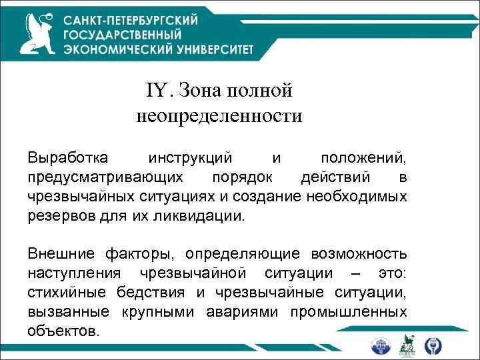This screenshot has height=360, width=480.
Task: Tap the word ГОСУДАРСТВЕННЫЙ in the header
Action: click(x=123, y=34)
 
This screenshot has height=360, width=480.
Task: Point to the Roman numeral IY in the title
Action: click(x=157, y=89)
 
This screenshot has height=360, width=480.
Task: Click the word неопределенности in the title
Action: click(x=219, y=117)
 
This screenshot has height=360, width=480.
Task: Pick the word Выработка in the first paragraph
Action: click(x=66, y=159)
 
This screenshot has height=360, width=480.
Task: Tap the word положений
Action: click(x=363, y=159)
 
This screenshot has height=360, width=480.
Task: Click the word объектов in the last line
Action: click(x=63, y=331)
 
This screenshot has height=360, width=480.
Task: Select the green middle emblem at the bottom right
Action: click(x=407, y=345)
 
